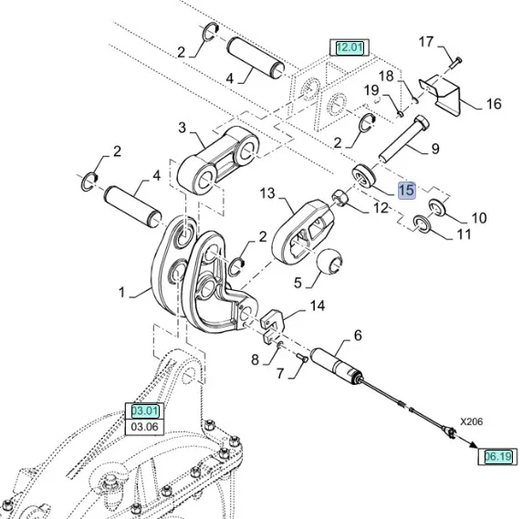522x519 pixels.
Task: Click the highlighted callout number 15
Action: click(407, 191)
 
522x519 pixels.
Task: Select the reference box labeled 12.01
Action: click(350, 47)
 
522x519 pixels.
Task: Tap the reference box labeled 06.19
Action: click(497, 456)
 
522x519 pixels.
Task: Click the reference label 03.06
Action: click(144, 427)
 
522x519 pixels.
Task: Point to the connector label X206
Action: click(472, 421)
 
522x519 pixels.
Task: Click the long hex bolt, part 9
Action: click(403, 139)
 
